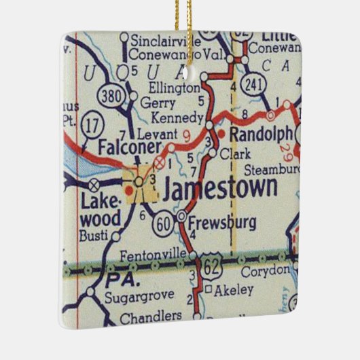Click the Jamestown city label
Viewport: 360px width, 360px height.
pyautogui.click(x=221, y=187)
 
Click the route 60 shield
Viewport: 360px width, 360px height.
pyautogui.click(x=162, y=223)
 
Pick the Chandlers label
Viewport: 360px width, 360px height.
pyautogui.click(x=150, y=317)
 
